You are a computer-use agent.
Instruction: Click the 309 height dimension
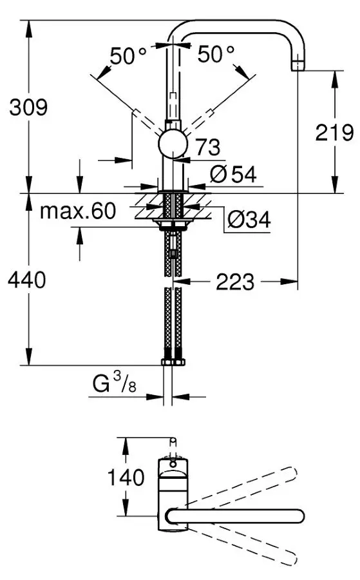click(28, 107)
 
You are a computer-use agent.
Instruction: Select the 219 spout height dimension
click(334, 132)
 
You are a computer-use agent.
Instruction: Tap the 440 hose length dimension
click(27, 280)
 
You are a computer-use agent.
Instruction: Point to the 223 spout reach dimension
click(235, 282)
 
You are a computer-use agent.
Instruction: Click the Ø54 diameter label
click(233, 174)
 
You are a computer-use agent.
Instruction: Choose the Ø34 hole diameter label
click(249, 220)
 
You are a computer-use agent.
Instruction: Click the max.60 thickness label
click(78, 211)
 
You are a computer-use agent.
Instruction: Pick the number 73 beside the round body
click(208, 147)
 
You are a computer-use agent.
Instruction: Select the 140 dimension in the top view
click(126, 477)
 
